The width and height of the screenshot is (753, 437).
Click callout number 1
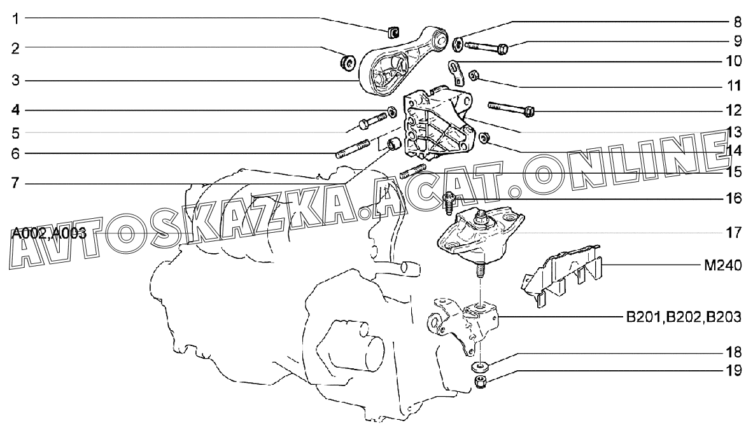click(16, 19)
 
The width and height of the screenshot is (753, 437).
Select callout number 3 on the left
click(16, 80)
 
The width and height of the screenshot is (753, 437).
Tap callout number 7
click(16, 183)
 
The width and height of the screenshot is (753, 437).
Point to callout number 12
click(735, 110)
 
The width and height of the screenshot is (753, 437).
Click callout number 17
click(735, 233)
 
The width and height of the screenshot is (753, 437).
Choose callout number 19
click(735, 370)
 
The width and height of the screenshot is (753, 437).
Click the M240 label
click(722, 265)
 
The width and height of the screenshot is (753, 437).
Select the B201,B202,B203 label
click(684, 317)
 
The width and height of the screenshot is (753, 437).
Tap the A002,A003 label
click(49, 233)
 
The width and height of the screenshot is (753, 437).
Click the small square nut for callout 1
click(393, 32)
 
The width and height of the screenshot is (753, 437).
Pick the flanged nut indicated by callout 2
click(346, 62)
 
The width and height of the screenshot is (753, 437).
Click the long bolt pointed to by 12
click(511, 108)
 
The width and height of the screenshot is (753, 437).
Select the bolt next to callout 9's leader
click(486, 47)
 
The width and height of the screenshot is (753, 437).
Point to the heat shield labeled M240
click(560, 274)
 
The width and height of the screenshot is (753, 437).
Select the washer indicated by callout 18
click(480, 368)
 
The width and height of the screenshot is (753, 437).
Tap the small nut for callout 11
click(473, 74)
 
